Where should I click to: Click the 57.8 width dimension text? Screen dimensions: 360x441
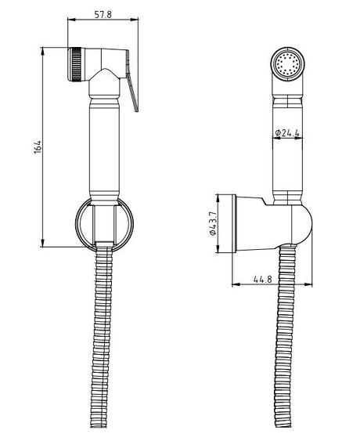(x=103, y=14)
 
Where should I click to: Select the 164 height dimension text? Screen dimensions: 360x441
(x=38, y=146)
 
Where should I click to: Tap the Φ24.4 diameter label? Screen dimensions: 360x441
(x=288, y=132)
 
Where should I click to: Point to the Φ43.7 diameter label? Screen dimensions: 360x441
(x=212, y=223)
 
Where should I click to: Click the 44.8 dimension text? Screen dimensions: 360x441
(x=263, y=280)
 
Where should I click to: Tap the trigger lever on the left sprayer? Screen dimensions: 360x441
(x=131, y=81)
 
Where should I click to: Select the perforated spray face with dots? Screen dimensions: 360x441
(x=287, y=64)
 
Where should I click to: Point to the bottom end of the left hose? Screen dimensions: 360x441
(x=102, y=425)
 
